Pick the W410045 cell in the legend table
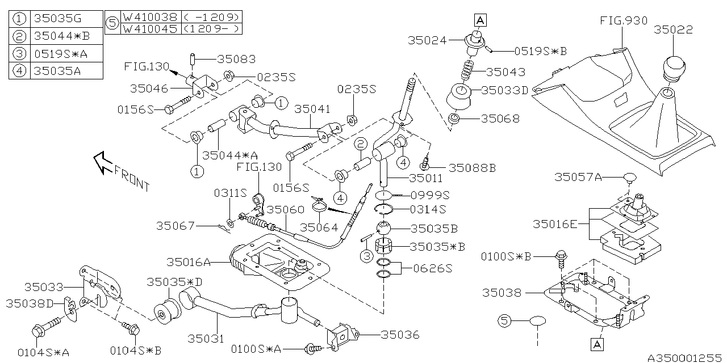[x=150, y=28]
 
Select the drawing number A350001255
[x=686, y=357]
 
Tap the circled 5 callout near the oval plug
[x=503, y=321]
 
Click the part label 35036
[x=400, y=335]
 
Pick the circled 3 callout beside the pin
[x=366, y=256]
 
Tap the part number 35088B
[x=472, y=168]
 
